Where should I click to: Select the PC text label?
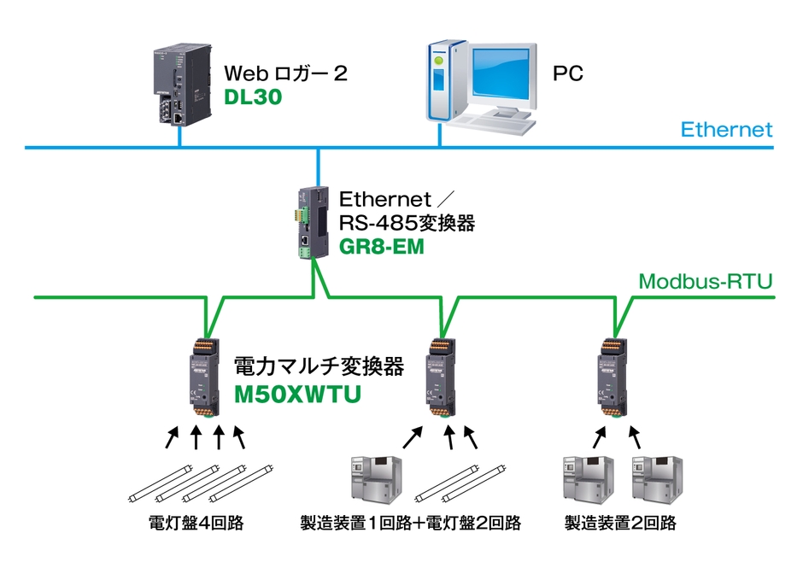click(567, 73)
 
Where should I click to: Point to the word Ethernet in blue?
click(726, 130)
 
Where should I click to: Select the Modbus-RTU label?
click(706, 281)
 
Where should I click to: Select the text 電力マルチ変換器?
click(319, 367)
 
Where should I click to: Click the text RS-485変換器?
click(407, 224)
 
